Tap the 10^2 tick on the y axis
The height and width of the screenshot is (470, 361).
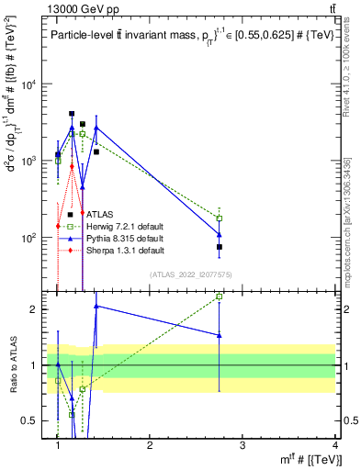point(31,238)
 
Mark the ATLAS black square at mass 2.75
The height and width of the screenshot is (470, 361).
point(220,247)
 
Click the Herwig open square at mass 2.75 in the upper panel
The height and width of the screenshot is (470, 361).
point(220,218)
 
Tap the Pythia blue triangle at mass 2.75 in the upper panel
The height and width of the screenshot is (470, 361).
point(220,234)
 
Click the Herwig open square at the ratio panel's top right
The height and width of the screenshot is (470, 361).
point(220,297)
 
